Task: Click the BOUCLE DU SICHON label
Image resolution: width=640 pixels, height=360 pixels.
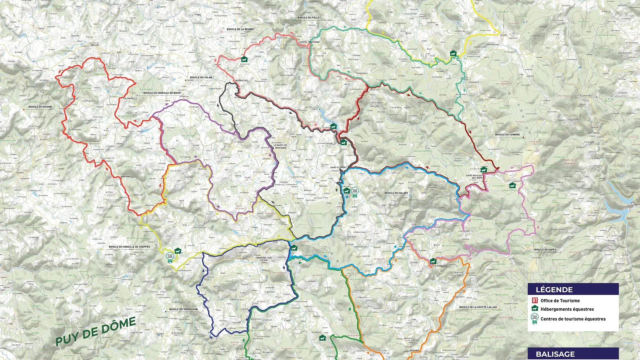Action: (40, 107)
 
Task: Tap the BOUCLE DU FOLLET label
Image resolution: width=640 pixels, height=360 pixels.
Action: (309, 18)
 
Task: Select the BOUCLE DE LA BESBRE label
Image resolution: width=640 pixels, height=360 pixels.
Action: (240, 29)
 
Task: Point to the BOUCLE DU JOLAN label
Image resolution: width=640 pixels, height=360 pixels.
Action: (201, 77)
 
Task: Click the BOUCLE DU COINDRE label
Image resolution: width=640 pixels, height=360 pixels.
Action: (507, 135)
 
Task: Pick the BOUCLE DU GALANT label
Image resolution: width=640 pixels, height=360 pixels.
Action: (396, 193)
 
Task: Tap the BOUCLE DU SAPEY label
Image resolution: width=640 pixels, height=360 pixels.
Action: (545, 250)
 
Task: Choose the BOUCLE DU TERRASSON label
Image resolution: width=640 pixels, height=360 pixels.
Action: (183, 309)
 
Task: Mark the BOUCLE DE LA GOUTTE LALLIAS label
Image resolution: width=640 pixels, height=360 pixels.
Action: (478, 307)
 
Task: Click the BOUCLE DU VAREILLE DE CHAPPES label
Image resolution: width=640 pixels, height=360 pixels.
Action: (129, 247)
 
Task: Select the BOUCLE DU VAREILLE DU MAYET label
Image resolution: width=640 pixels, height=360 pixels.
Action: (162, 93)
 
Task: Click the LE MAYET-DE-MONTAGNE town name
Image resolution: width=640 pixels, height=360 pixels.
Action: (280, 147)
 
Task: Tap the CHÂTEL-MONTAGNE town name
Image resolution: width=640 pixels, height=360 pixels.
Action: (309, 42)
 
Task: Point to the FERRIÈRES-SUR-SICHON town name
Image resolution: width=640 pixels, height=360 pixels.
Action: (264, 259)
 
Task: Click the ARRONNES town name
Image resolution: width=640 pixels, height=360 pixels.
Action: (126, 177)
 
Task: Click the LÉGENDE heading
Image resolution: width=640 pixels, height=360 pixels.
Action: (554, 290)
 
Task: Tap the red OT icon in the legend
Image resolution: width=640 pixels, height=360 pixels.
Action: (535, 300)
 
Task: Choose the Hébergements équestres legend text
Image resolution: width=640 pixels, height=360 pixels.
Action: (567, 309)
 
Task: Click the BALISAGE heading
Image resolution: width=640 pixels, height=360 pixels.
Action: (555, 354)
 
